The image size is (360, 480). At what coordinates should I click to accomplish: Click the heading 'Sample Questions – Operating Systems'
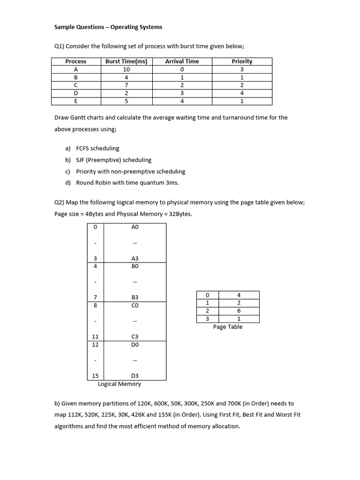coord(108,27)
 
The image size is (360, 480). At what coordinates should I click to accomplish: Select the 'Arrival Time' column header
coord(182,61)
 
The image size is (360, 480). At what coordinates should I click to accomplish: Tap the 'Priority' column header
coord(242,61)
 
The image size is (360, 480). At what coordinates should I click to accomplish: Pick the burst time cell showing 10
coord(126,69)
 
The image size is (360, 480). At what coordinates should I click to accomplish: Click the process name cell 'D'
coord(76,93)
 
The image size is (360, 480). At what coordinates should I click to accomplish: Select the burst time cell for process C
coord(126,85)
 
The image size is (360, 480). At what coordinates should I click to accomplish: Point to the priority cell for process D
coord(242,93)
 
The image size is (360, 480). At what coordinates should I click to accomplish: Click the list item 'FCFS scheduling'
coord(97,149)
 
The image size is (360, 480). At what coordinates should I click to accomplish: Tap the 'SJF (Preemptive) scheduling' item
coord(113,160)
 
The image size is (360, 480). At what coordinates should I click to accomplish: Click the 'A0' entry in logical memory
coord(135,227)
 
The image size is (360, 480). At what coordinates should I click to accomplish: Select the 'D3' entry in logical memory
coord(135,376)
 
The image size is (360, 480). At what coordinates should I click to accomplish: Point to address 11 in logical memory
coord(95,337)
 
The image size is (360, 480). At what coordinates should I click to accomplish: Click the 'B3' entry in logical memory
coord(135,298)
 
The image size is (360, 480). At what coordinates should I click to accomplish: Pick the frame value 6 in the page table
coord(239,311)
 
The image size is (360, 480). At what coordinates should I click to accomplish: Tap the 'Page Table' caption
coord(228,327)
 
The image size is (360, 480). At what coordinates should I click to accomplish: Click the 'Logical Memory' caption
coord(120,384)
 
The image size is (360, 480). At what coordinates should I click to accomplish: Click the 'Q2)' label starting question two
coord(60,202)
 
